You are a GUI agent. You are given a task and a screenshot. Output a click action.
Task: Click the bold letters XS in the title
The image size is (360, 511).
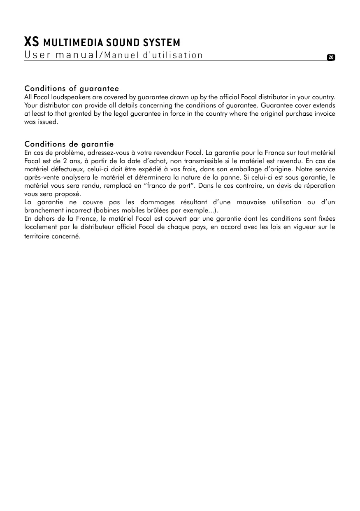click(32, 42)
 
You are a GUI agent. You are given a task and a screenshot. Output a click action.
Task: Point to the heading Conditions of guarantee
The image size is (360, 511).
click(72, 89)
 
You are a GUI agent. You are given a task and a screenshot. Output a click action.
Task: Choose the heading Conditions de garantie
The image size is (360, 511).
click(69, 144)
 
